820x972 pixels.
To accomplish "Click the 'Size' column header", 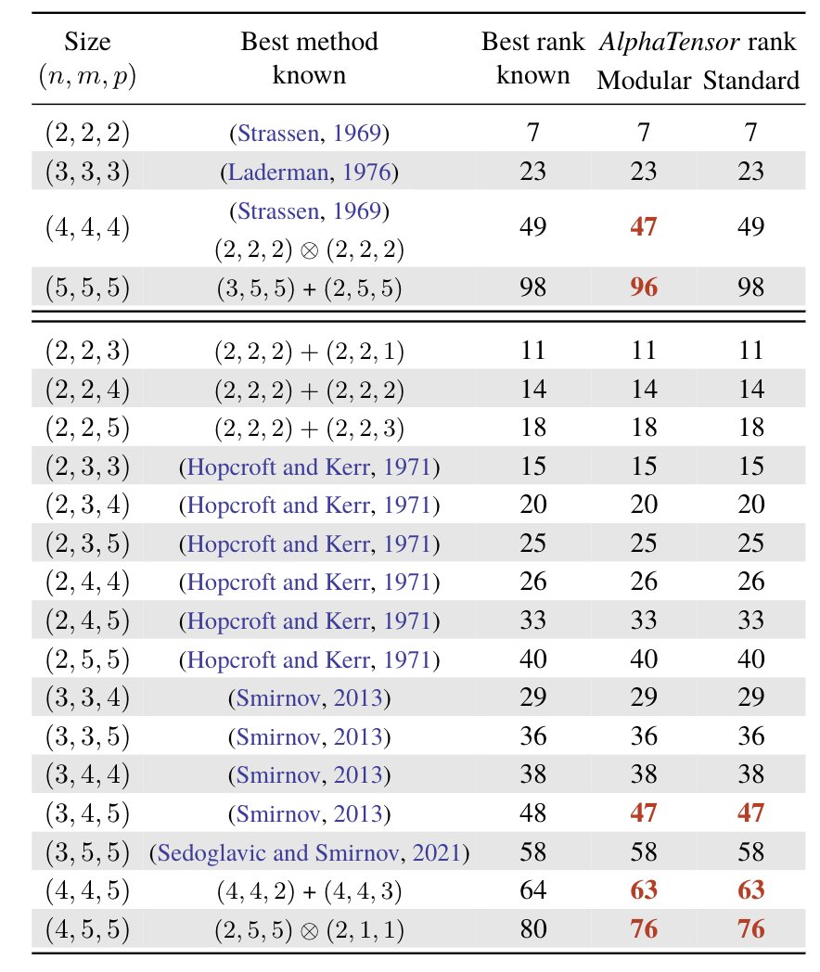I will [x=87, y=42].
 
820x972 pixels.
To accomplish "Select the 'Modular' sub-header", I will [x=644, y=81].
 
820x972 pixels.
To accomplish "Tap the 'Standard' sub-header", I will [x=751, y=81].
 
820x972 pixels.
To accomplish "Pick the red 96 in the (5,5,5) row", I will [x=643, y=287].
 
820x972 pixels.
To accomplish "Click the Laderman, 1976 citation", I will [x=310, y=172].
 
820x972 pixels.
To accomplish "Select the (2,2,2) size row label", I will [x=87, y=133].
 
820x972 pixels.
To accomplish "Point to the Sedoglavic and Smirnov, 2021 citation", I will [x=310, y=851].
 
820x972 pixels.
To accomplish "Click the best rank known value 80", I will [x=532, y=928].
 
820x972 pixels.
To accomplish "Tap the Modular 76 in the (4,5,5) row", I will [x=643, y=928].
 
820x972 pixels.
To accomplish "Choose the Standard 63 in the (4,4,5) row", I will [x=750, y=890].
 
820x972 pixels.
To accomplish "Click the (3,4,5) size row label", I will [x=87, y=813].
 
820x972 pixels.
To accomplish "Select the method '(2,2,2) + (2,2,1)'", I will [x=310, y=351].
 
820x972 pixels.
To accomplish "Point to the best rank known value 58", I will [x=532, y=851].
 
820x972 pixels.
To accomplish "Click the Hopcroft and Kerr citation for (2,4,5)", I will [x=310, y=620].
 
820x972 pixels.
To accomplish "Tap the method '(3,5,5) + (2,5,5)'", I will [x=310, y=287].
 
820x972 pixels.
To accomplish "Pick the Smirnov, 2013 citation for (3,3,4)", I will [x=310, y=697].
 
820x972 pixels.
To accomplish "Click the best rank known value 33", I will [x=532, y=620].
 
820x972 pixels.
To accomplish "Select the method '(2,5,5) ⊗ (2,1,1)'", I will [x=310, y=928].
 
